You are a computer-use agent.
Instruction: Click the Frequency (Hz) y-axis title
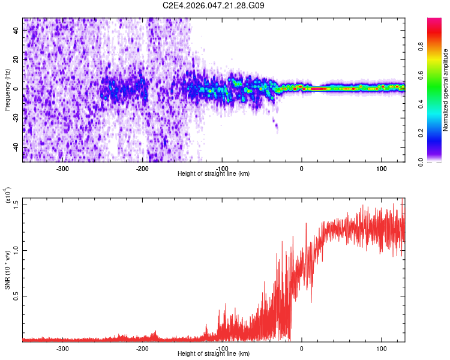tap(8, 89)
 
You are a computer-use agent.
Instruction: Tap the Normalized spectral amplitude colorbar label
tap(445, 90)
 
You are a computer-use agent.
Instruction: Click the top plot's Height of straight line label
tap(214, 173)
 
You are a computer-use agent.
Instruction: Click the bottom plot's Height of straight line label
tap(214, 353)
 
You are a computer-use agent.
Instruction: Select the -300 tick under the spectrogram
tap(63, 168)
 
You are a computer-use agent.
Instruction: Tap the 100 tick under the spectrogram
tap(381, 168)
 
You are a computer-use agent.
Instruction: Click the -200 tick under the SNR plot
tap(142, 348)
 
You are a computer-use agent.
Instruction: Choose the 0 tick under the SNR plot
tap(302, 348)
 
